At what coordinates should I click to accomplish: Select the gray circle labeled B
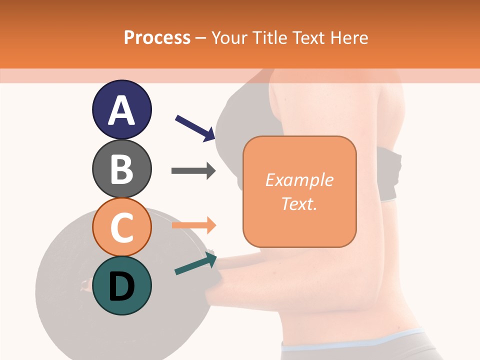121,168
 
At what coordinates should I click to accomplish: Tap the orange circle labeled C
121,227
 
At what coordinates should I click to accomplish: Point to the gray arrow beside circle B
193,170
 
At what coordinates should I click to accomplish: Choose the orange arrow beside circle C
193,225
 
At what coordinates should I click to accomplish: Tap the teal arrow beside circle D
195,263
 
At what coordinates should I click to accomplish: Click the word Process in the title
157,37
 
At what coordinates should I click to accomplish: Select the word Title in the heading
269,37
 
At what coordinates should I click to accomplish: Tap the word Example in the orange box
299,180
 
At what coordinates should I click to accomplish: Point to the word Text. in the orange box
299,204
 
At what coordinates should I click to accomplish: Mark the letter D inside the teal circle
121,287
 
